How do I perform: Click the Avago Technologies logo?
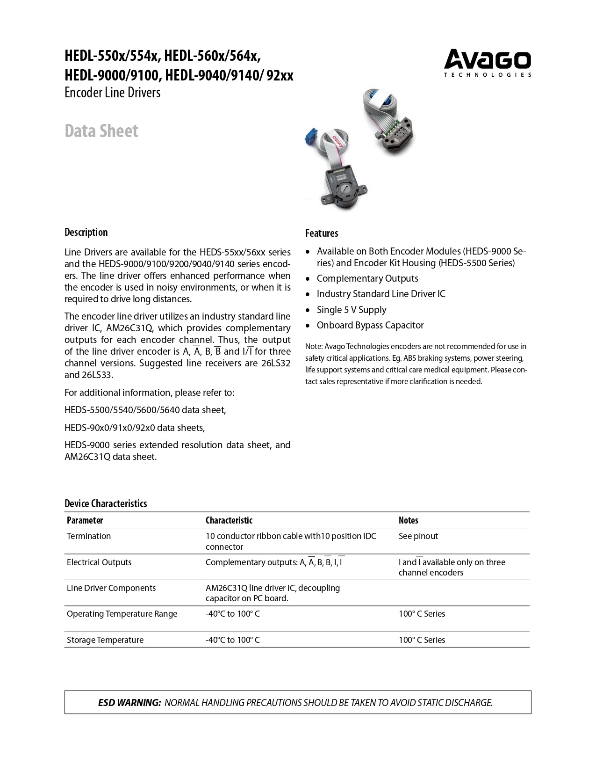click(487, 63)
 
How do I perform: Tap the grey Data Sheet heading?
click(101, 131)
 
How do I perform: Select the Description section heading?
click(86, 233)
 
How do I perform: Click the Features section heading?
click(322, 233)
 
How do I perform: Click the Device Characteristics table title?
click(106, 503)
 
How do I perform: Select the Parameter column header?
click(85, 520)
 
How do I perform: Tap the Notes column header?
click(408, 520)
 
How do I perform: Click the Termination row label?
click(89, 536)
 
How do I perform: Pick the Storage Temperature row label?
click(105, 640)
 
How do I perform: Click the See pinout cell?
click(418, 536)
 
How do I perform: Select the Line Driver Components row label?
click(111, 588)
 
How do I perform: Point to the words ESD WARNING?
click(129, 703)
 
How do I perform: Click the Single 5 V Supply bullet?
click(352, 310)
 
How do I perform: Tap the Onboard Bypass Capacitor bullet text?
click(370, 325)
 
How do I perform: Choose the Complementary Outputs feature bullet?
click(367, 278)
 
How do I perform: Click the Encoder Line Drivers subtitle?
click(112, 93)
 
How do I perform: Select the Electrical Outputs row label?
click(99, 562)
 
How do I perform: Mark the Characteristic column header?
click(229, 520)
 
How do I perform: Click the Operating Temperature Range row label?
click(122, 614)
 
